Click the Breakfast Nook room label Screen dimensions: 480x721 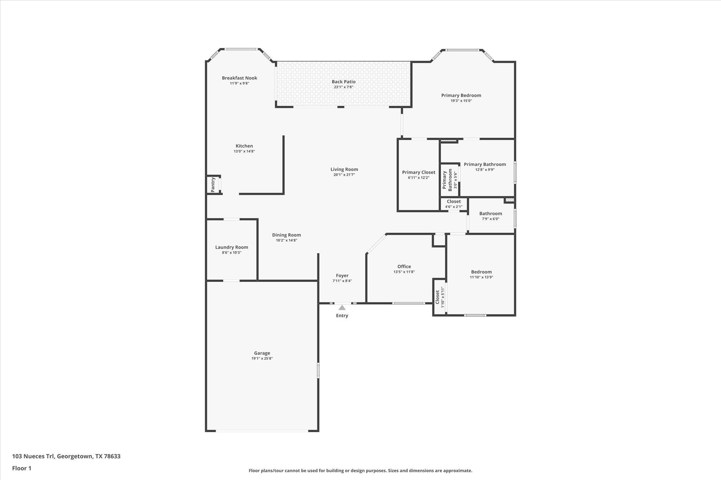(x=239, y=78)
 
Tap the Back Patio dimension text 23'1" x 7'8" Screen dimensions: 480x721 (x=343, y=87)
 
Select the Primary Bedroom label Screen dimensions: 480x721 (x=461, y=95)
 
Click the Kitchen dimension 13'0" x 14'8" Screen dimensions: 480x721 (x=244, y=151)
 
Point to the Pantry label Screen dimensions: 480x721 (x=213, y=185)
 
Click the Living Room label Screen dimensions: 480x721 (x=344, y=169)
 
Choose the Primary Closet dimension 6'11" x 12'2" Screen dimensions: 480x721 (x=419, y=178)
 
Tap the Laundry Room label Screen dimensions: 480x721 (x=232, y=247)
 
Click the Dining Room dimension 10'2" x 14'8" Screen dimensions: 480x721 (x=286, y=240)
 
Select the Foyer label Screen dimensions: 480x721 (x=342, y=276)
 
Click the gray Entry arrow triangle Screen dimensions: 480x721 (x=342, y=308)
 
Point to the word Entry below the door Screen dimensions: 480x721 (x=342, y=315)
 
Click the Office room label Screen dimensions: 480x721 (x=404, y=267)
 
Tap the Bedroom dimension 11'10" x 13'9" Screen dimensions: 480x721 (x=481, y=277)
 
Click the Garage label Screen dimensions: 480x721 (x=262, y=353)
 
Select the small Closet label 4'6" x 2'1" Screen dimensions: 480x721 (x=453, y=201)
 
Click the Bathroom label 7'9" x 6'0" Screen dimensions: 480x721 (x=490, y=213)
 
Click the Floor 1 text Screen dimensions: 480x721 (x=22, y=468)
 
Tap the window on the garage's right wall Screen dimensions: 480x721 (x=318, y=371)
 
